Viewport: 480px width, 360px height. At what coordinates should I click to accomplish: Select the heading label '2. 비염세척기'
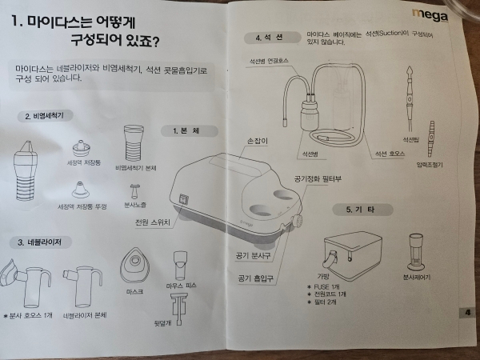[x=46, y=116]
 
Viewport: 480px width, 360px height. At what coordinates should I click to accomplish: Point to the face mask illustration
[x=134, y=264]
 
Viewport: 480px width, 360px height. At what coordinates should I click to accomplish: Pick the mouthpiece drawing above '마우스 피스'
[x=178, y=265]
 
